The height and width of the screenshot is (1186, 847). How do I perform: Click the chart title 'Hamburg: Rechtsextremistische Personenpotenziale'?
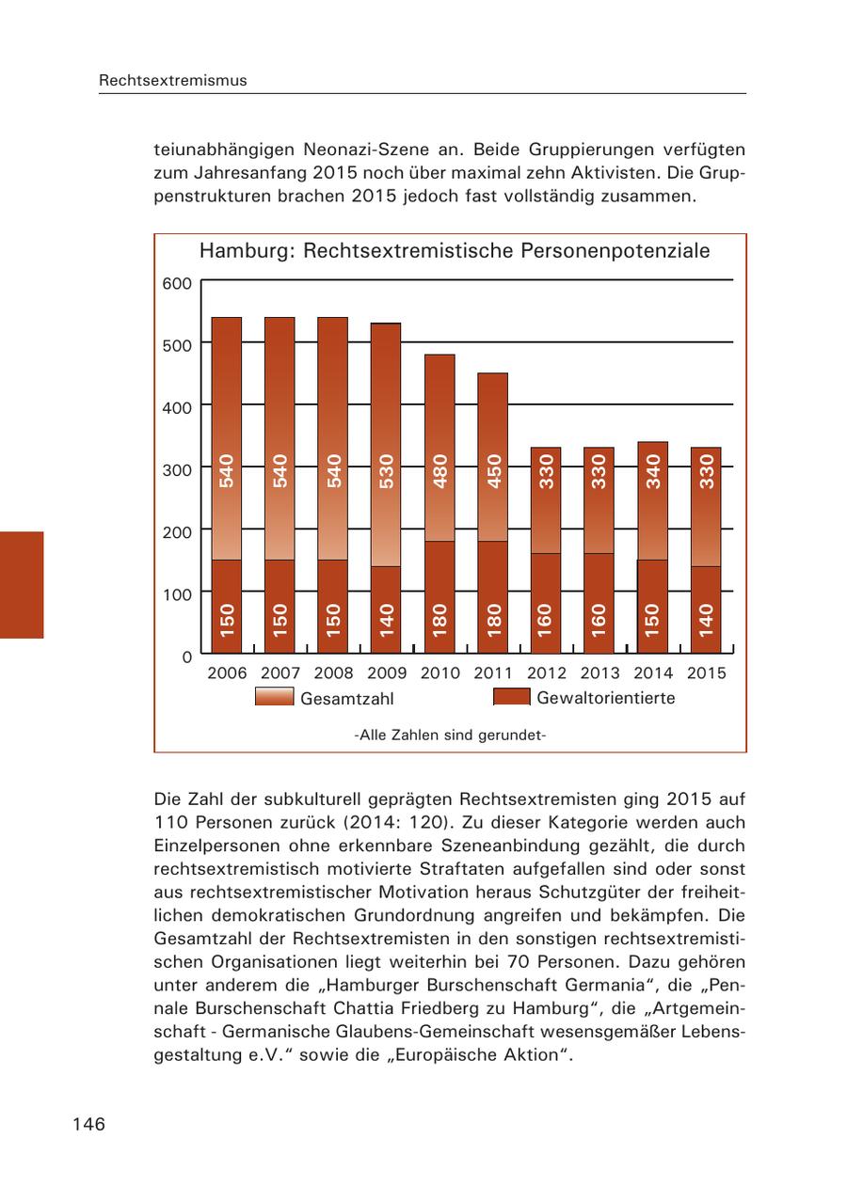pos(455,251)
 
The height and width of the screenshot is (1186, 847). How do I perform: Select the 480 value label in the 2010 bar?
pos(439,470)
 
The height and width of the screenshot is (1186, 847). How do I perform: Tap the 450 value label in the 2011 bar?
pos(493,470)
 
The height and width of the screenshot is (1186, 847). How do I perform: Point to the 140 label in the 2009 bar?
pos(386,621)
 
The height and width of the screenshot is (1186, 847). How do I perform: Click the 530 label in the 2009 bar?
pos(386,470)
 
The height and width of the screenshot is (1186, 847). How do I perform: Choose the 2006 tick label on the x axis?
pos(227,673)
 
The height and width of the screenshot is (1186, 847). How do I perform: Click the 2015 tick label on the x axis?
pos(707,673)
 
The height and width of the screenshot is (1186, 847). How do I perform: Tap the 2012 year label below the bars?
pos(547,673)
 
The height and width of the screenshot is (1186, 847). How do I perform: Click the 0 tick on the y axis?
pos(186,656)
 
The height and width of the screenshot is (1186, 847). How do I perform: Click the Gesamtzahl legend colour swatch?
pos(274,698)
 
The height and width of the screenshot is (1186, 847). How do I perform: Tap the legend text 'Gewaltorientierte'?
pos(605,698)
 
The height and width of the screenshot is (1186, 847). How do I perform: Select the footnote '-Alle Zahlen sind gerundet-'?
pos(450,735)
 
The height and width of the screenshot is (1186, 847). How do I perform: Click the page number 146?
pos(88,1124)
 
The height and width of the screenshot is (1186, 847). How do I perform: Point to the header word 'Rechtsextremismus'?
pos(173,81)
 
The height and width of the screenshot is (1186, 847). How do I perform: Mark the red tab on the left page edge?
pos(22,585)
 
